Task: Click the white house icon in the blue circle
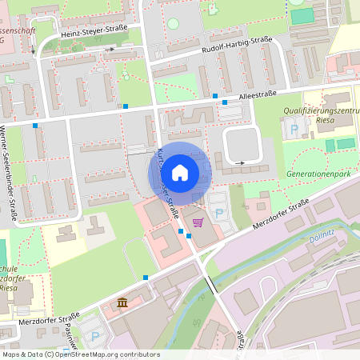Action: [180, 172]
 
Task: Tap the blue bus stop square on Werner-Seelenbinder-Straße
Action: [35, 126]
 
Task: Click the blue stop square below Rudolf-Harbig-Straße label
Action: [215, 97]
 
